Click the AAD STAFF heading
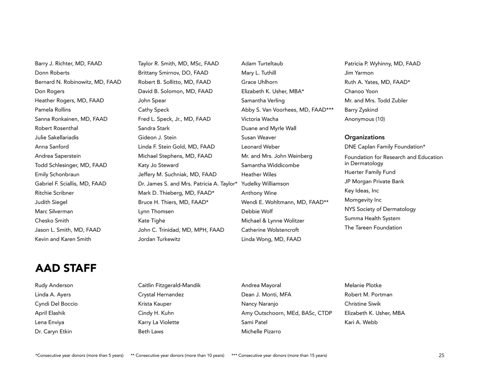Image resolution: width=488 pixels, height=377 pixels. (66, 268)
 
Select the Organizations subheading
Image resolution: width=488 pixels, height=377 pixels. (364, 137)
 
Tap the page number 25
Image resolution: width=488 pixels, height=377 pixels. (441, 355)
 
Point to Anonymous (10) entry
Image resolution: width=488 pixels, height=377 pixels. (365, 119)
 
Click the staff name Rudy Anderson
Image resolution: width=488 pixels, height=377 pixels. (54, 285)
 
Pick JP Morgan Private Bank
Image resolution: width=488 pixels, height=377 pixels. (374, 181)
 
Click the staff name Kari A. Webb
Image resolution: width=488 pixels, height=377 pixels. (361, 322)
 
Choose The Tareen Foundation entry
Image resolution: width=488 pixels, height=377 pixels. (373, 227)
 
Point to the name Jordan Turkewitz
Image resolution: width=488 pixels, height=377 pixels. (159, 239)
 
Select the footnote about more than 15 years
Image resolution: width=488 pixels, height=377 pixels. (279, 355)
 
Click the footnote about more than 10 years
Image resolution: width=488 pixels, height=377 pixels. (177, 355)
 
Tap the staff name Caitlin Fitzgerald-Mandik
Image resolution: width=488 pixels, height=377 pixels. (169, 285)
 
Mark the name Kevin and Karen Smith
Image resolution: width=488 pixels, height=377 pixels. (63, 239)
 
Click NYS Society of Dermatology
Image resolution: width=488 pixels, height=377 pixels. (380, 209)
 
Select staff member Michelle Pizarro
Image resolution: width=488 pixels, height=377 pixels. (261, 331)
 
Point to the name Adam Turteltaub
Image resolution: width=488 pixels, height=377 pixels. (262, 63)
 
